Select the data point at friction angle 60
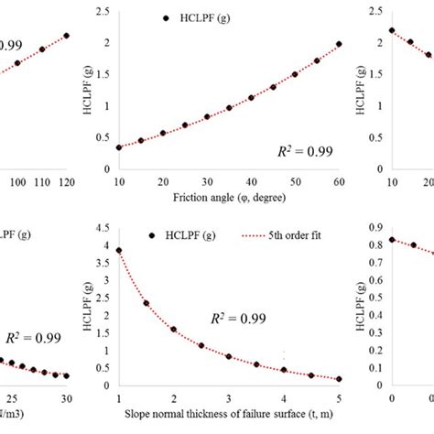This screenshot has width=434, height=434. pyautogui.click(x=339, y=44)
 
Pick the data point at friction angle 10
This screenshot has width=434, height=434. pyautogui.click(x=120, y=146)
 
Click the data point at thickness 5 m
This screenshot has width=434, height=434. pyautogui.click(x=339, y=379)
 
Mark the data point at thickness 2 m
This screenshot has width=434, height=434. pyautogui.click(x=174, y=330)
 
